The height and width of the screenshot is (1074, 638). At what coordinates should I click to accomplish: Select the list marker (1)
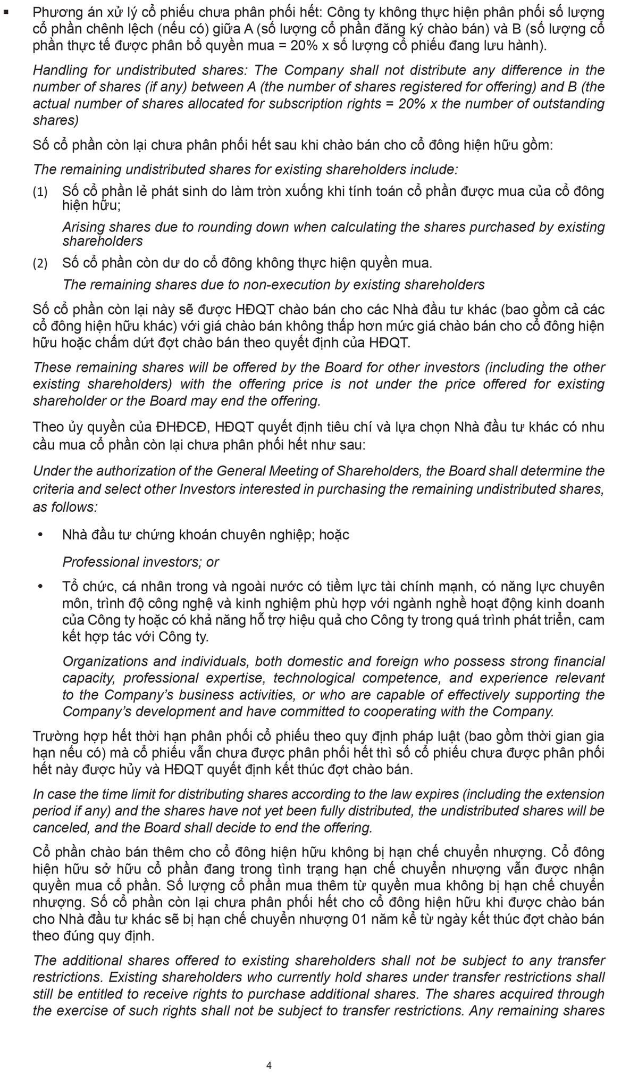click(40, 192)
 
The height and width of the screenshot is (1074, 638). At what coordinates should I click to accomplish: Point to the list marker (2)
click(40, 263)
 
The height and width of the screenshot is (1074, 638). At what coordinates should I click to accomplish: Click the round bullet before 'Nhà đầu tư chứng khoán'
click(40, 534)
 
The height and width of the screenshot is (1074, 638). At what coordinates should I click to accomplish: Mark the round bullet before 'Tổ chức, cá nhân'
click(40, 586)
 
